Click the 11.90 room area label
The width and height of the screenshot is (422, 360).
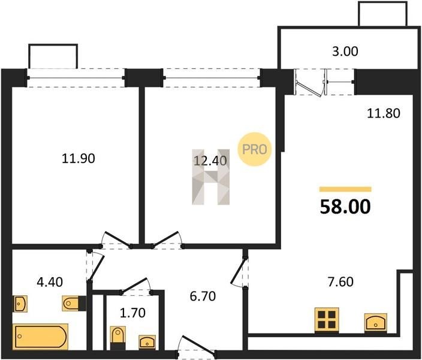click(x=79, y=158)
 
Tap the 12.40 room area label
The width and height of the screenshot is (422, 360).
click(x=210, y=161)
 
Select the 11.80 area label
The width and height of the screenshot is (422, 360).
click(x=384, y=113)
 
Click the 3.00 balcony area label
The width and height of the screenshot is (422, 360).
click(x=345, y=52)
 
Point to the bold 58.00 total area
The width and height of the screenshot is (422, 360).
click(x=345, y=206)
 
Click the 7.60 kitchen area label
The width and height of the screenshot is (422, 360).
click(x=340, y=282)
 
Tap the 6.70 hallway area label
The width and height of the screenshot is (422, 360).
click(x=203, y=296)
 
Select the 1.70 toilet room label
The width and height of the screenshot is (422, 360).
click(x=132, y=313)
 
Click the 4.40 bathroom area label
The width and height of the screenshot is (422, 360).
click(x=50, y=282)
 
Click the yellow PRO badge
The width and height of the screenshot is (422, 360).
click(x=254, y=149)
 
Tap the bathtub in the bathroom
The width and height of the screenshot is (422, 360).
click(x=40, y=337)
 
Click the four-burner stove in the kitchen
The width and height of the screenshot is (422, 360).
click(x=327, y=320)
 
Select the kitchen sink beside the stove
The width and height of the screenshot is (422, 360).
click(x=376, y=322)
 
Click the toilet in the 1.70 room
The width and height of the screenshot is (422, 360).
click(x=118, y=338)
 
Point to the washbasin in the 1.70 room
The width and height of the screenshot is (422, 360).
click(x=147, y=341)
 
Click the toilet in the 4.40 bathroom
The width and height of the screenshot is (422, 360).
click(x=74, y=303)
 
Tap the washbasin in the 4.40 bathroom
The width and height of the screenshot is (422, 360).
click(x=20, y=304)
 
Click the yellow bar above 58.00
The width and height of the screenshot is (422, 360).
click(x=345, y=189)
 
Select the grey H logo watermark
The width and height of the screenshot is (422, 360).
click(x=211, y=177)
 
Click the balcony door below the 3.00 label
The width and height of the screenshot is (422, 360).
click(x=309, y=83)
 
